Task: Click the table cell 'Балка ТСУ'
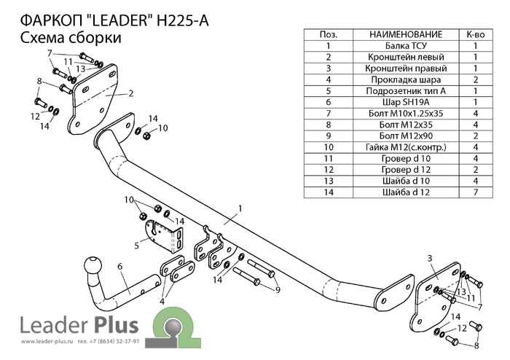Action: [406, 45]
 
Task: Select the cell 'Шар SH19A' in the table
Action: [406, 103]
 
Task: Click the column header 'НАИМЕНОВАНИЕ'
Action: [406, 34]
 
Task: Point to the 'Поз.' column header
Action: [329, 34]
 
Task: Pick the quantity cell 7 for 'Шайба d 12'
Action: [475, 193]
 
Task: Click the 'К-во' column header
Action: [475, 34]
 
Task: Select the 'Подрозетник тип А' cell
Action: [406, 91]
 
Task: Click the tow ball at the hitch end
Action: [94, 266]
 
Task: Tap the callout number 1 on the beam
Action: [238, 208]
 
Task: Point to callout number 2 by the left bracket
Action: [130, 93]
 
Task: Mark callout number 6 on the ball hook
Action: [119, 267]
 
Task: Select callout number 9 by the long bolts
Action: [278, 290]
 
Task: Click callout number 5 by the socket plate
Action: [136, 245]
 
